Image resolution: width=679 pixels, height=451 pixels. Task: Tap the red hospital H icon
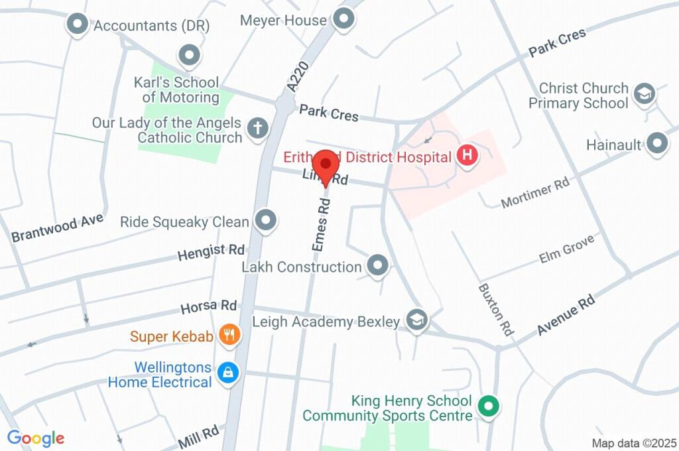click(x=467, y=157)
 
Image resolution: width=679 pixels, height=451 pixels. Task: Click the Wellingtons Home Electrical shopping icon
click(x=228, y=373)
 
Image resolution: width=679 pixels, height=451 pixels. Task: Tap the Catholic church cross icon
click(x=257, y=129)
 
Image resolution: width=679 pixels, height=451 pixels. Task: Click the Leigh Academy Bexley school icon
click(x=416, y=321)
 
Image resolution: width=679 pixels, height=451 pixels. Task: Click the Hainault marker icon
click(x=656, y=143)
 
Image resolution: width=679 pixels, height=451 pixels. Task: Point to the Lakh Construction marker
click(x=378, y=266)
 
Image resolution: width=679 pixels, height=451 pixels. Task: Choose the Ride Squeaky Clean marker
click(x=266, y=221)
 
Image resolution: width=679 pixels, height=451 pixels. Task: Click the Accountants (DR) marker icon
click(x=78, y=25)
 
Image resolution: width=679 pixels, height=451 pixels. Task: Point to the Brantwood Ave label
click(x=58, y=227)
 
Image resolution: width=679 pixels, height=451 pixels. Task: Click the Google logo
click(x=35, y=438)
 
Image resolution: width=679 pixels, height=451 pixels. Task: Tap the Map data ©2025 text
click(x=633, y=443)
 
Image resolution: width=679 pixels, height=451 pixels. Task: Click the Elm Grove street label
click(x=569, y=250)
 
